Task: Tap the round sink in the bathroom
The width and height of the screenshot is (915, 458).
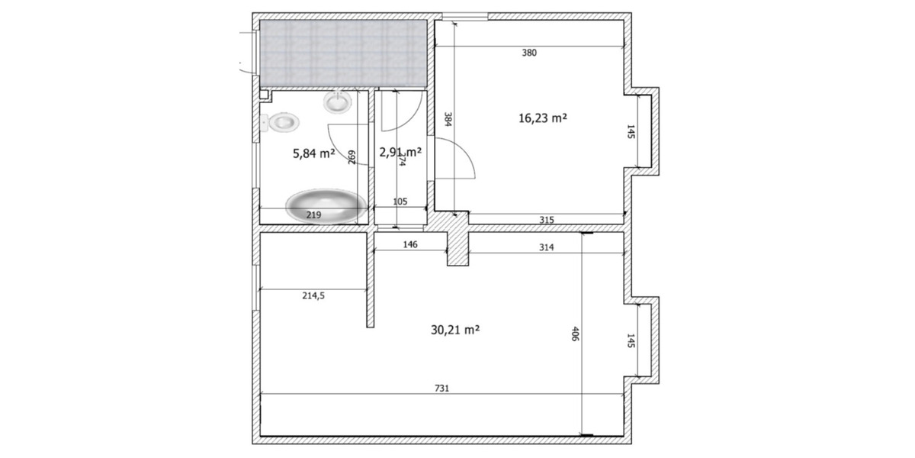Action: (337, 102)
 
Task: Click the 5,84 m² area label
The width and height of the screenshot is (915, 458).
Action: (314, 153)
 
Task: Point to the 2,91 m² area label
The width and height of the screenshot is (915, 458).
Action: (400, 153)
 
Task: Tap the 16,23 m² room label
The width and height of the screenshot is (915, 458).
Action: (542, 118)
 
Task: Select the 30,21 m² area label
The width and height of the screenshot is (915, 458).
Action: (455, 330)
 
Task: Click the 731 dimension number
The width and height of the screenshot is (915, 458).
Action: (443, 388)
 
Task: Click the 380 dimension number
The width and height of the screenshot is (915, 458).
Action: (529, 53)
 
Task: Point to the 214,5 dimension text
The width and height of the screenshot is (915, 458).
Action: (313, 296)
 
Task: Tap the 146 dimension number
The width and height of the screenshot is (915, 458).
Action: (409, 245)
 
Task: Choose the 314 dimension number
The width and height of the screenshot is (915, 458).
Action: (546, 247)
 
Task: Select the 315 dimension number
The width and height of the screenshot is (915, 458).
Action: (546, 220)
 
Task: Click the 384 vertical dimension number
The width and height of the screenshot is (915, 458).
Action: (448, 119)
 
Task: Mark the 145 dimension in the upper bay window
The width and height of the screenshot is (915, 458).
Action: (631, 131)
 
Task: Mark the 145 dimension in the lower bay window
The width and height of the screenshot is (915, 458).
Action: (631, 340)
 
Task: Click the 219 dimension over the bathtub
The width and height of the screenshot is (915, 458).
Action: (313, 216)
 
